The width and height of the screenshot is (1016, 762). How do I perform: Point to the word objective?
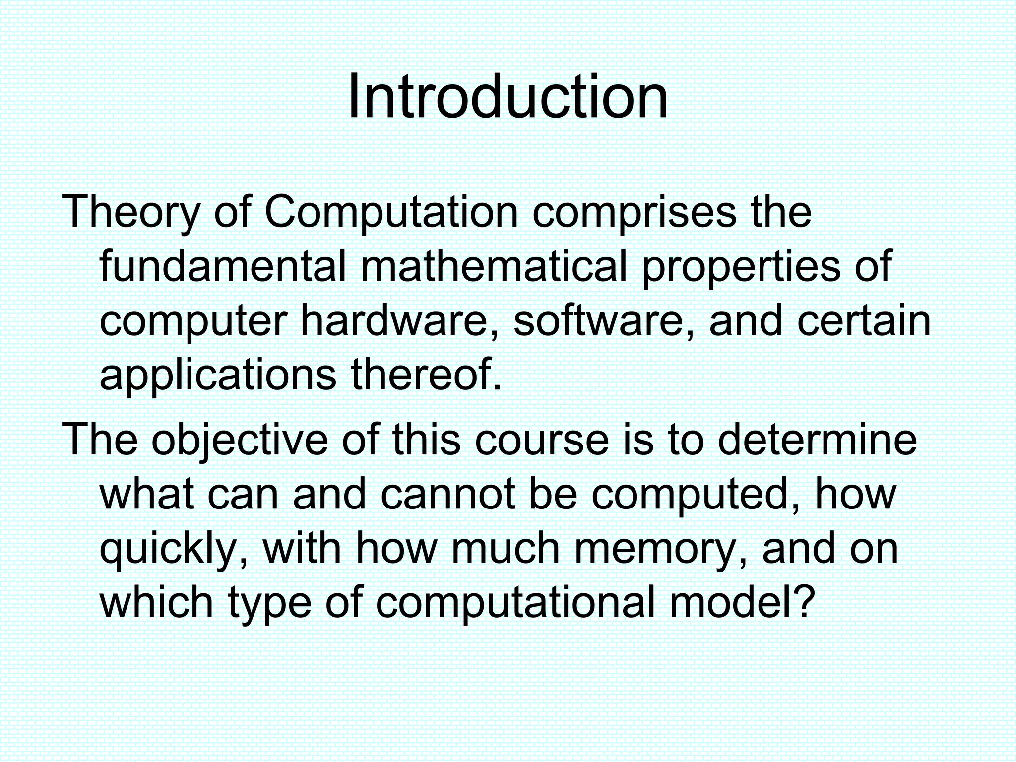point(239,441)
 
